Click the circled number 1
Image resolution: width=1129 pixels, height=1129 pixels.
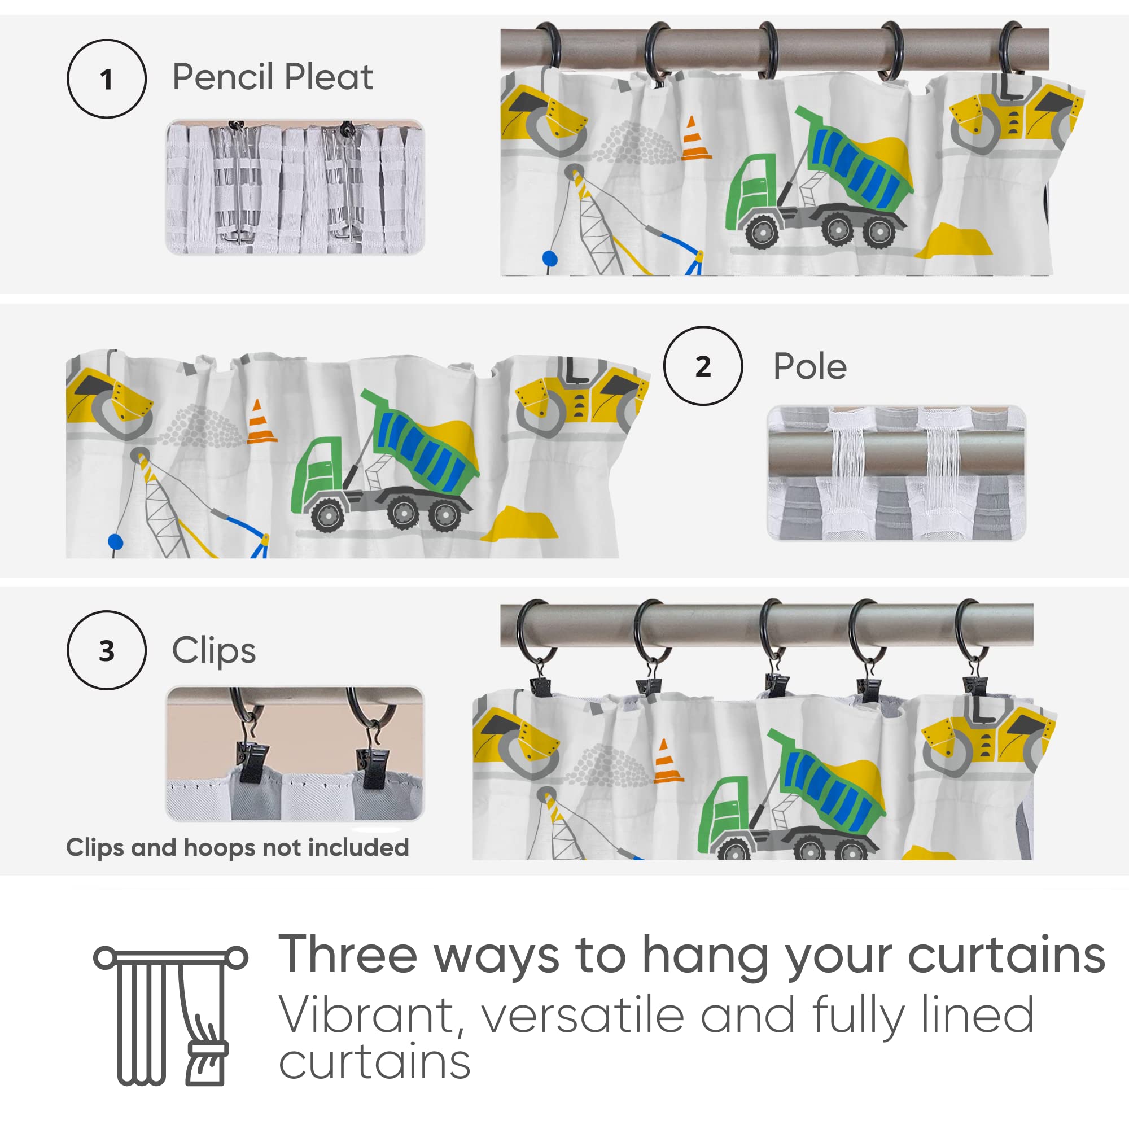coord(106,79)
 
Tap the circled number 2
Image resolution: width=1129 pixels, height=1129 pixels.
coord(703,366)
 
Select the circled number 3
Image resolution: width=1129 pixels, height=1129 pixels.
coord(106,650)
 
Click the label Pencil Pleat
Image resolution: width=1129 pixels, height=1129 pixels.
coord(272,77)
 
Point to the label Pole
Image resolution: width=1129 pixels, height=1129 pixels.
coord(810,366)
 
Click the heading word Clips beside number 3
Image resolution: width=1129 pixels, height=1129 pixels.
coord(214,650)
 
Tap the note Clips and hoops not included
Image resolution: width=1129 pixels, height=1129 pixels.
coord(237,848)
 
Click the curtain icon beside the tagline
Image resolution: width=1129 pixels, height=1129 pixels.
coord(170,1015)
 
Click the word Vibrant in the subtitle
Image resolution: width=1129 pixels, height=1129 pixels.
coord(366,1016)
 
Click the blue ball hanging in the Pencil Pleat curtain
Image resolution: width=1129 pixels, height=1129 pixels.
coord(550,258)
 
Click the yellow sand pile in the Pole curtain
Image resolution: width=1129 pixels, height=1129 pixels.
coord(519,524)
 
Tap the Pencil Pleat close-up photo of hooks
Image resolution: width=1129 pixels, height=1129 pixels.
coord(295,187)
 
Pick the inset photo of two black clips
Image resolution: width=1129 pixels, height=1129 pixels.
coord(295,754)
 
